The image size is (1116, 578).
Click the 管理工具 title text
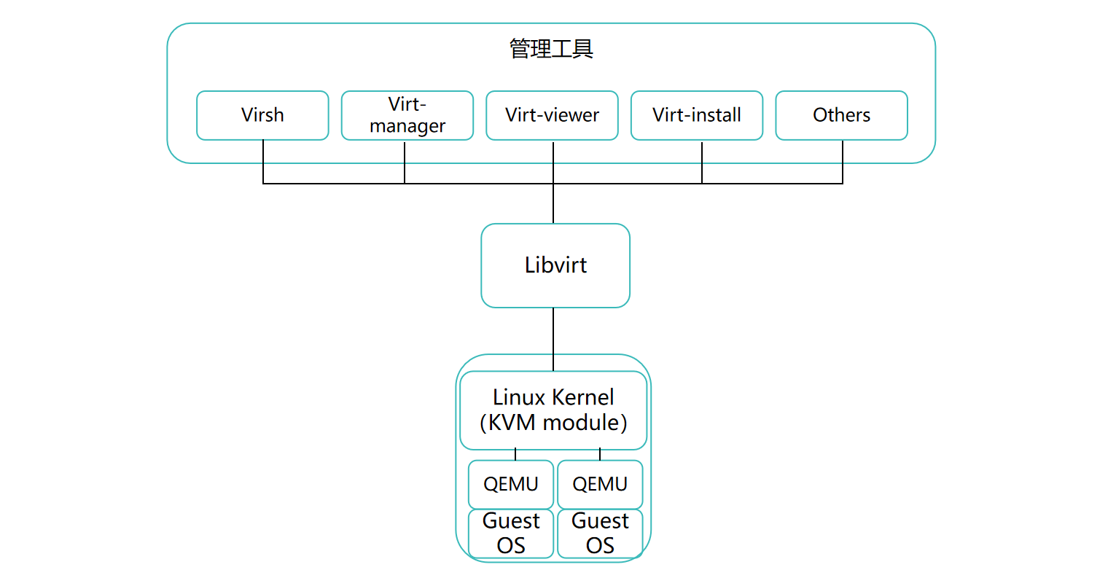click(551, 49)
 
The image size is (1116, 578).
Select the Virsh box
click(262, 115)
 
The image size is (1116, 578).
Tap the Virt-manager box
click(407, 115)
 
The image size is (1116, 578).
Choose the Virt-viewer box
click(552, 115)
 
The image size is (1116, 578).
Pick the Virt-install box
click(696, 115)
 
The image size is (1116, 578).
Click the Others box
click(841, 115)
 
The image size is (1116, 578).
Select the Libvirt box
click(555, 265)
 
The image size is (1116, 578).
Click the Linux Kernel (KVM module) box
click(553, 410)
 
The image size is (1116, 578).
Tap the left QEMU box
click(510, 484)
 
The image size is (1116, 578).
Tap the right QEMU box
click(600, 484)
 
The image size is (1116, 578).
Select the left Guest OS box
click(510, 534)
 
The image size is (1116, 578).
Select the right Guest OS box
click(600, 534)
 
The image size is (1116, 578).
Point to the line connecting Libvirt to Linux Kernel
click(553, 339)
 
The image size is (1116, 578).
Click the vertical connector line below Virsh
click(263, 162)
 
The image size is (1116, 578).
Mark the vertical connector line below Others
click(843, 162)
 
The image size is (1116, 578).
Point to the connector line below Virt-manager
click(405, 162)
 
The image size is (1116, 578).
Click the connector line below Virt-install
click(702, 162)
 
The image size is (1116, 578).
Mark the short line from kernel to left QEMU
click(515, 455)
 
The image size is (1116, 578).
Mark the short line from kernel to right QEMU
click(600, 455)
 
